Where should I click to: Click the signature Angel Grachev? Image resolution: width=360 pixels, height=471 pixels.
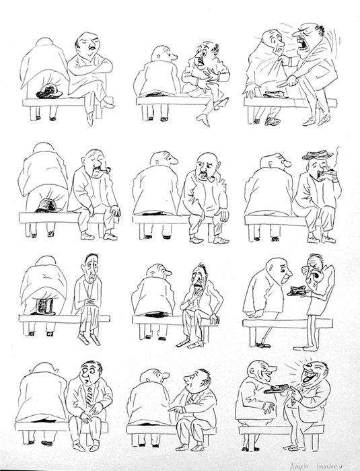pyautogui.click(x=329, y=464)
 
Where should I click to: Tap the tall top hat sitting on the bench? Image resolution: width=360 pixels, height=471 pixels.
pyautogui.click(x=46, y=306)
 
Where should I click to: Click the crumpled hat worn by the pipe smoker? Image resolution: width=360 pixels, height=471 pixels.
pyautogui.click(x=317, y=155)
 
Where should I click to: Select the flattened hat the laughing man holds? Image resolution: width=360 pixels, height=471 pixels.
pyautogui.click(x=278, y=389)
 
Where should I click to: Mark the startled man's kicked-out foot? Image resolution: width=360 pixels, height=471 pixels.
pyautogui.click(x=203, y=118)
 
